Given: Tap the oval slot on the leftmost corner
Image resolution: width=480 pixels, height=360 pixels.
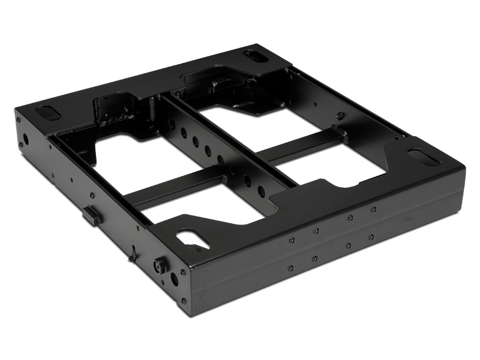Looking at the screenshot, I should click(x=48, y=112).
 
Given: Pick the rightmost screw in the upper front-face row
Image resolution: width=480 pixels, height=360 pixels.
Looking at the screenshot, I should click(x=373, y=209).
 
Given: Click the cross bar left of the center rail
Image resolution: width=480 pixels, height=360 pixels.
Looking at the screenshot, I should click(x=174, y=187).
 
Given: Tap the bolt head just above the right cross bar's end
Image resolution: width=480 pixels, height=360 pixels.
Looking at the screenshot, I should click(x=340, y=117).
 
